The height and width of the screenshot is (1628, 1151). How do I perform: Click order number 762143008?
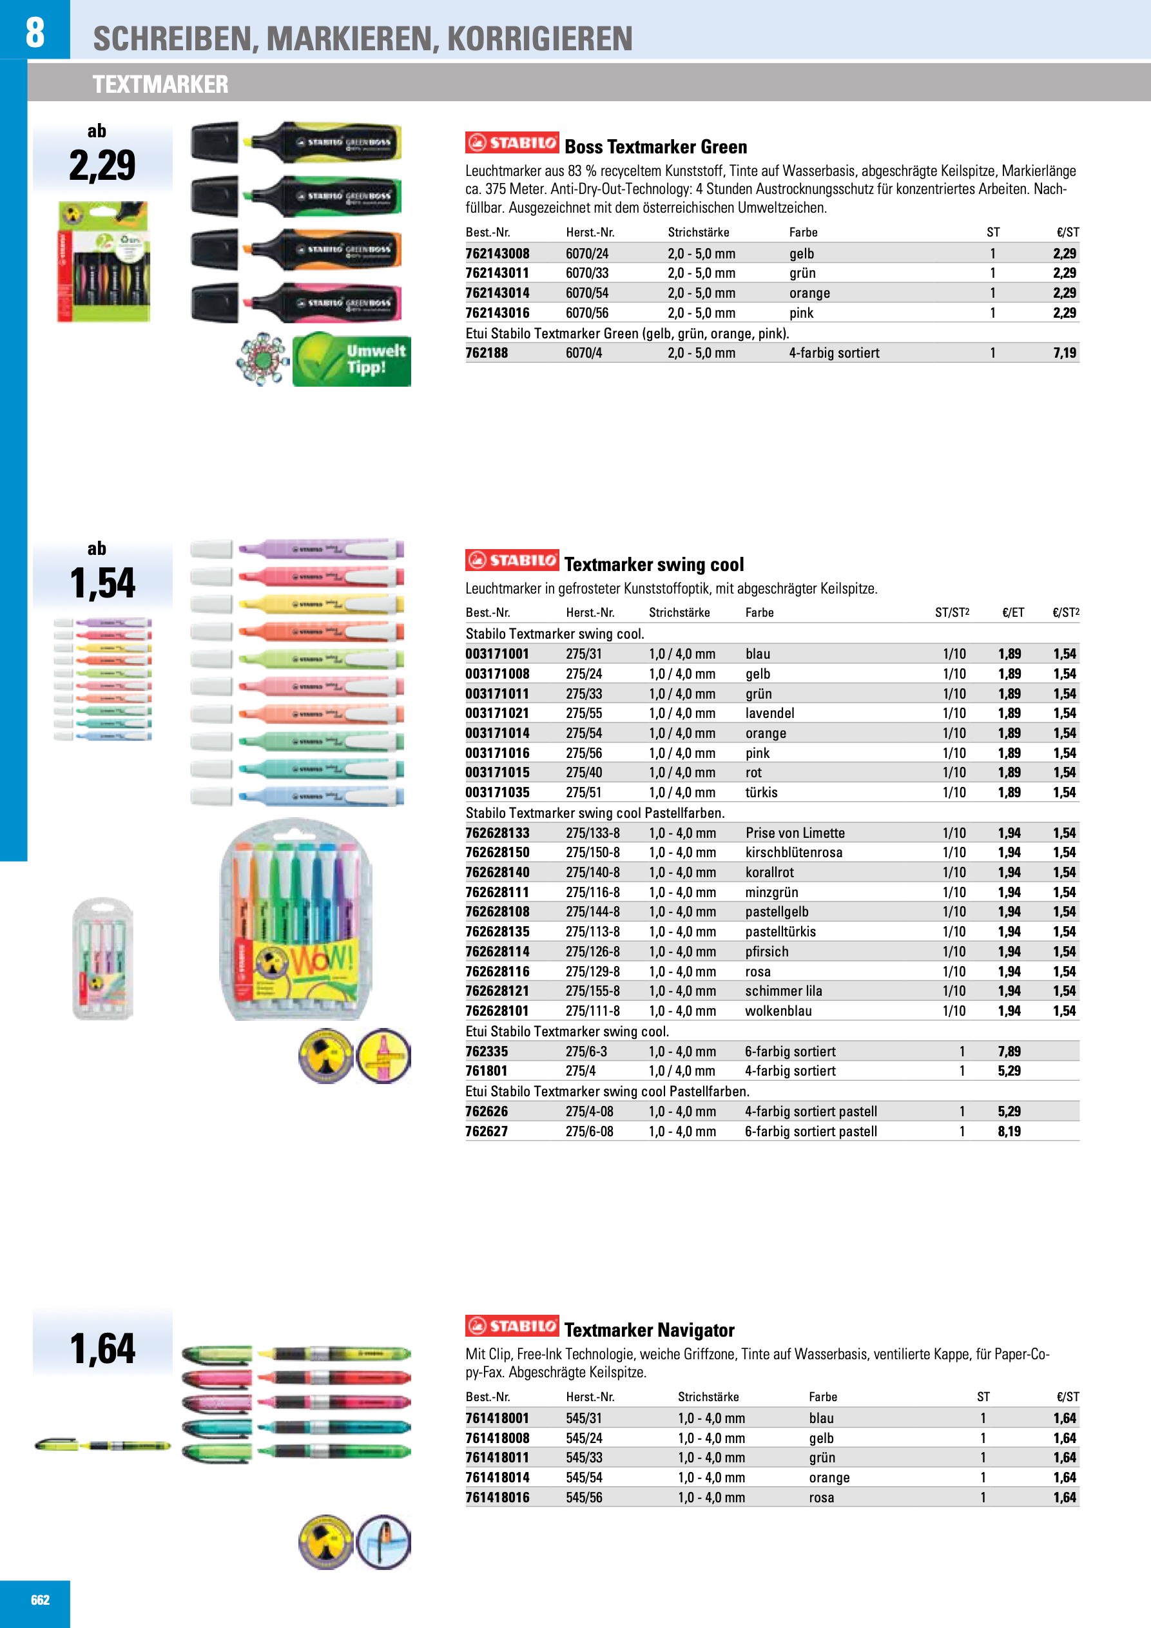497,253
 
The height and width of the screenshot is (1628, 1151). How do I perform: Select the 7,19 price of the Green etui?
1064,353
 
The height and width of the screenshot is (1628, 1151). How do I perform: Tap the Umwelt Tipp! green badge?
352,360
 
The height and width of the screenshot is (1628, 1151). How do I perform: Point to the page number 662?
41,1600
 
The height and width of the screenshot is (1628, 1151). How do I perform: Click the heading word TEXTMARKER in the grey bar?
160,84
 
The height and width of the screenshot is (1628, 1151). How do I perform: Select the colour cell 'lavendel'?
769,713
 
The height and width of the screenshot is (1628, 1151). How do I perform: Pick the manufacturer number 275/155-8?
592,991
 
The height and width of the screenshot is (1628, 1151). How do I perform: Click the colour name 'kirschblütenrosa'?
793,852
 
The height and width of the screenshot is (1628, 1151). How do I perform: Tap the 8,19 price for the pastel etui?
1009,1131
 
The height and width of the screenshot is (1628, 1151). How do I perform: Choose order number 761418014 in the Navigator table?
497,1478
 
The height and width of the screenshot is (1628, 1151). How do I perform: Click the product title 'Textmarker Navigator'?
649,1330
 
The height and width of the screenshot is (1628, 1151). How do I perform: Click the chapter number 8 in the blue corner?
35,32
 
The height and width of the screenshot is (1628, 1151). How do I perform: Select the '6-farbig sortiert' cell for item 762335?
790,1051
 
